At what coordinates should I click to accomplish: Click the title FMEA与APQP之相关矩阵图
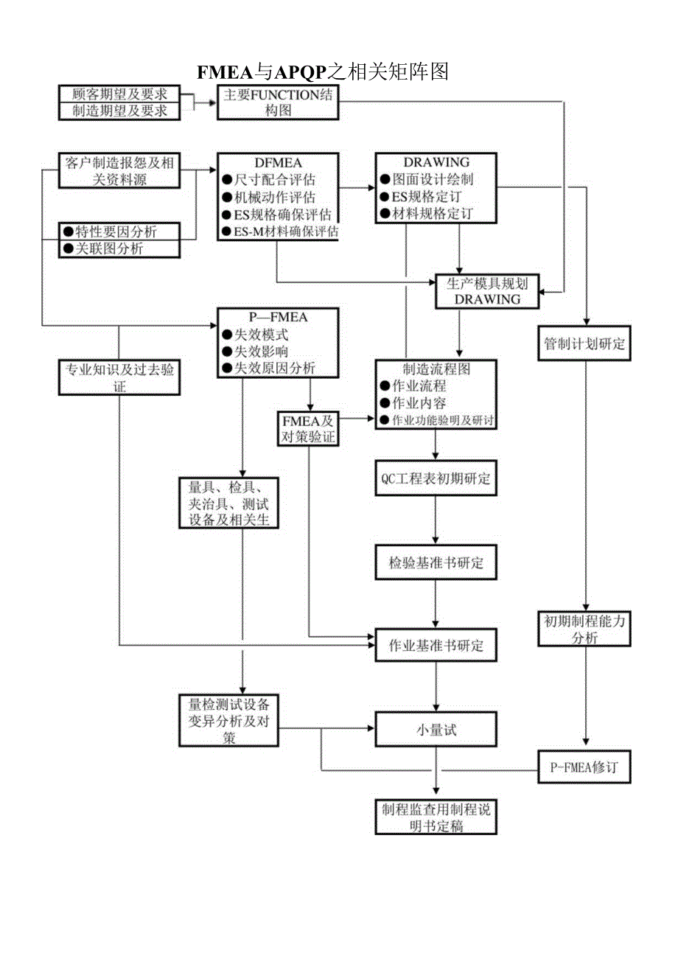pyautogui.click(x=323, y=71)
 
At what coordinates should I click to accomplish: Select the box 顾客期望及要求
pyautogui.click(x=119, y=94)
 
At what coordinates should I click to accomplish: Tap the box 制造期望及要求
pyautogui.click(x=119, y=111)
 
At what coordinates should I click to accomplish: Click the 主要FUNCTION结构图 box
pyautogui.click(x=277, y=102)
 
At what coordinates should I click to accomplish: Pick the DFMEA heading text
pyautogui.click(x=276, y=162)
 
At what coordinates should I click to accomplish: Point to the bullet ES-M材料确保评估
pyautogui.click(x=279, y=231)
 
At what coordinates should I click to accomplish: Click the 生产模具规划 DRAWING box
pyautogui.click(x=487, y=291)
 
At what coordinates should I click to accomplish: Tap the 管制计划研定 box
pyautogui.click(x=584, y=344)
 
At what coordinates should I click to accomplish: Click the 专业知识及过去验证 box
pyautogui.click(x=119, y=377)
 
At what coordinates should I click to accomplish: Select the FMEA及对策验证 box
pyautogui.click(x=307, y=428)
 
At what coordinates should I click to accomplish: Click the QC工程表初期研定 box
pyautogui.click(x=436, y=478)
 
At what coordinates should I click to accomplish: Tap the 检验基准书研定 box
pyautogui.click(x=436, y=563)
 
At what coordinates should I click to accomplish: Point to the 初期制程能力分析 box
pyautogui.click(x=584, y=629)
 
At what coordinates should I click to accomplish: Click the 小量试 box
pyautogui.click(x=436, y=730)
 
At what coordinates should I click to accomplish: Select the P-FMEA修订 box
pyautogui.click(x=584, y=767)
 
